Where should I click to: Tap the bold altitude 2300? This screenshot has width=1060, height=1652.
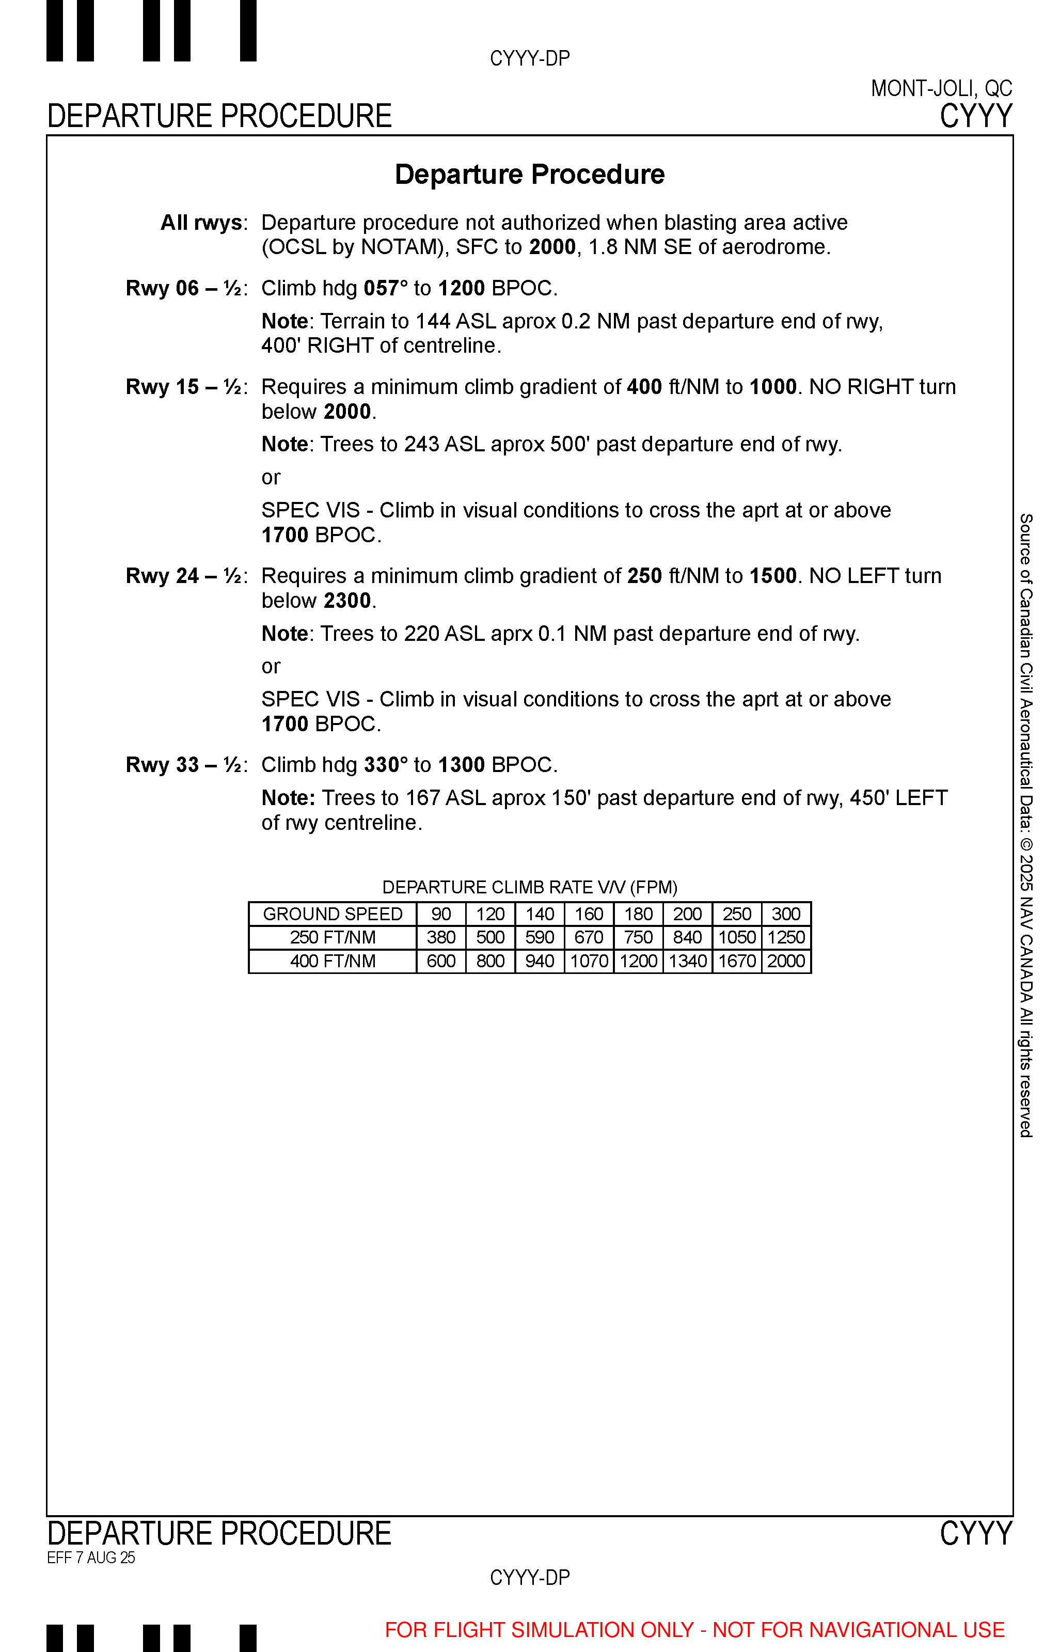click(347, 601)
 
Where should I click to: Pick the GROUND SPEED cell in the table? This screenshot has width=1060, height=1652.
click(333, 914)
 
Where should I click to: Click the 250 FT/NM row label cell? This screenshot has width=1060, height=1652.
click(333, 937)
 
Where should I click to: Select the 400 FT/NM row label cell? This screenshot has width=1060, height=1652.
click(333, 961)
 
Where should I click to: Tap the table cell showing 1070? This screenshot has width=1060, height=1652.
click(589, 961)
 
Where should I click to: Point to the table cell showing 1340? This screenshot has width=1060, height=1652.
click(688, 961)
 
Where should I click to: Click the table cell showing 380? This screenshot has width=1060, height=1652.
click(441, 937)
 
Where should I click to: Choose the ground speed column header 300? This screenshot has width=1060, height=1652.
click(786, 914)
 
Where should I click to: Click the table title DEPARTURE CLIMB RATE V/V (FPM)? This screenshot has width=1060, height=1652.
click(529, 887)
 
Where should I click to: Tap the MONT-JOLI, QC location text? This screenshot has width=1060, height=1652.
click(941, 89)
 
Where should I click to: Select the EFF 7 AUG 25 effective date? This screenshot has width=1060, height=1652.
click(91, 1557)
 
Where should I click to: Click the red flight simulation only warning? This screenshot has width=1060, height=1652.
click(694, 1630)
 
